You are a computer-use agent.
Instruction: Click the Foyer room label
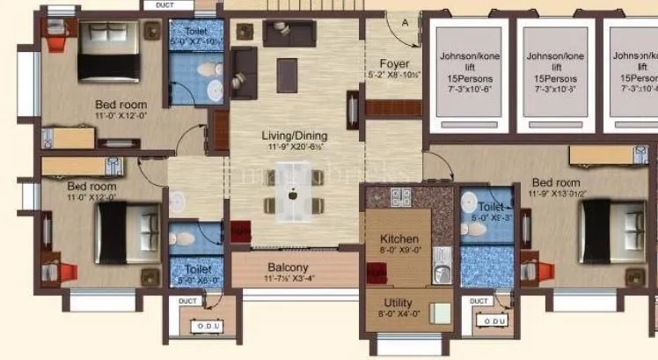(x=394, y=63)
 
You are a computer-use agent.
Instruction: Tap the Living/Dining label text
(x=294, y=136)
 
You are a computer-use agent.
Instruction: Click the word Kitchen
(x=398, y=239)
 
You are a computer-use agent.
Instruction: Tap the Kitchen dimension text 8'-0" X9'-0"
(x=398, y=250)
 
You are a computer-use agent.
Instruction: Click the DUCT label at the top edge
(x=164, y=5)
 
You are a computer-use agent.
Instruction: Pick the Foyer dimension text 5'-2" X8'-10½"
(x=394, y=76)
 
